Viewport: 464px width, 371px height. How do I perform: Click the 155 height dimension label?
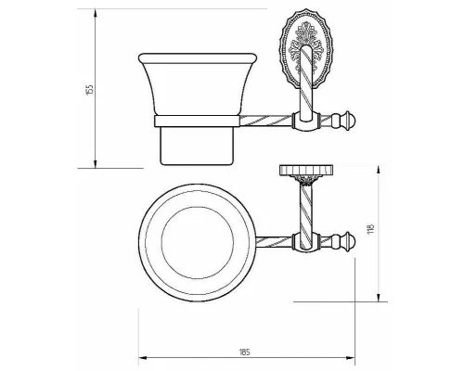[x=90, y=90]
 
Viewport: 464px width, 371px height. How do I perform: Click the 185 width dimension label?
[x=244, y=352]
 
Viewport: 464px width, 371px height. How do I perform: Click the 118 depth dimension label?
[x=371, y=228]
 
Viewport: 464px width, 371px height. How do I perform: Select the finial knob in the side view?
[x=343, y=120]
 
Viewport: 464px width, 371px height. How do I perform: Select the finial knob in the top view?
[x=343, y=241]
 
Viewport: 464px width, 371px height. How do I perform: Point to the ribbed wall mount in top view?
[x=306, y=170]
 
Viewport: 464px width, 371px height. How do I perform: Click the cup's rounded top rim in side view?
[x=198, y=58]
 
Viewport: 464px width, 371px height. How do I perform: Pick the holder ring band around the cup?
[x=197, y=121]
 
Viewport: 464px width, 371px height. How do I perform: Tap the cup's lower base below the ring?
[x=197, y=146]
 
